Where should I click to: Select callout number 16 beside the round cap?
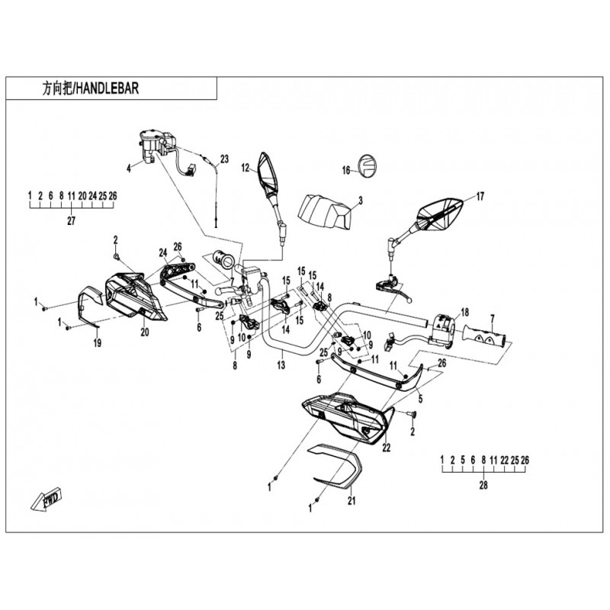point(345,171)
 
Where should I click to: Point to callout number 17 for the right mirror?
point(480,196)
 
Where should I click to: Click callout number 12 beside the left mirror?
point(246,167)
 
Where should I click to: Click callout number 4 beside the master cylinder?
point(129,166)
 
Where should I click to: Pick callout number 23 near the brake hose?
point(224,159)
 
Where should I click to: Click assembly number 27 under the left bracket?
point(72,221)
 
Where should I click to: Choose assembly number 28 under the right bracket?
point(483,486)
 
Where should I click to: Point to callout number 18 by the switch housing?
point(464,313)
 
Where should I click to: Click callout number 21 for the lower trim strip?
point(352,500)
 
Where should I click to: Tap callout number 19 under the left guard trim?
point(97,344)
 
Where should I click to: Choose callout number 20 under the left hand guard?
point(143,332)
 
